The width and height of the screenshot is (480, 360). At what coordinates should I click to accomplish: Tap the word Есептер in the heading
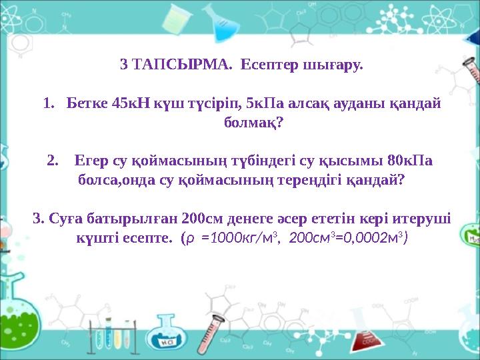pos(264,66)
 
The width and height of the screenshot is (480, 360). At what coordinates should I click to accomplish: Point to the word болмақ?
pos(251,123)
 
